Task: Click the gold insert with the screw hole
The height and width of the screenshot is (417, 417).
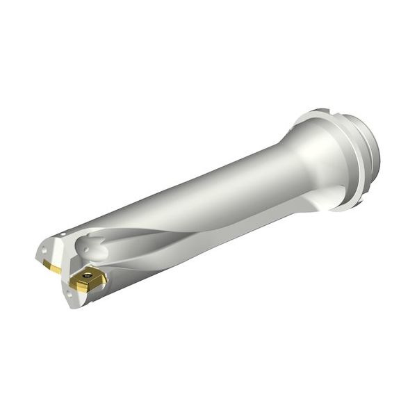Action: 88,279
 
